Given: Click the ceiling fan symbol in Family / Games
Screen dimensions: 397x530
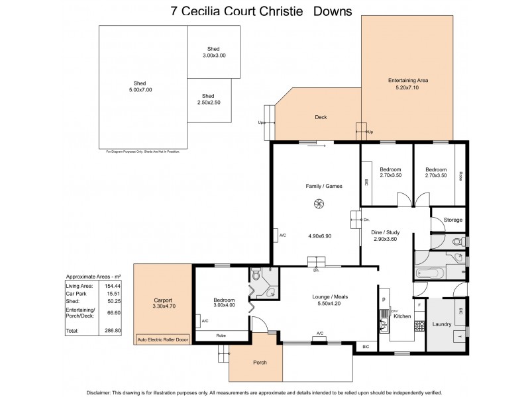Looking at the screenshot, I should tap(318, 204).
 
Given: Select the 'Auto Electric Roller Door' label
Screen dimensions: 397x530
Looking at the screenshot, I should tap(162, 339).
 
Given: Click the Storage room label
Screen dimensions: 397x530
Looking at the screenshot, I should tap(453, 220).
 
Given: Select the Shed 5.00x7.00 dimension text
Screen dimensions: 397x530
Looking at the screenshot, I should tap(140, 90).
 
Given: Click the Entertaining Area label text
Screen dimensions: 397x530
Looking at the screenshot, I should tap(407, 80).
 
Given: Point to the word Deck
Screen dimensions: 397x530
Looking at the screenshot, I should tap(321, 117).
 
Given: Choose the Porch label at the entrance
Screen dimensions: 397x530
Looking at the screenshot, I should tap(260, 363).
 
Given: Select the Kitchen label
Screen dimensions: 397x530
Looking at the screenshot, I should tap(402, 317).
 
